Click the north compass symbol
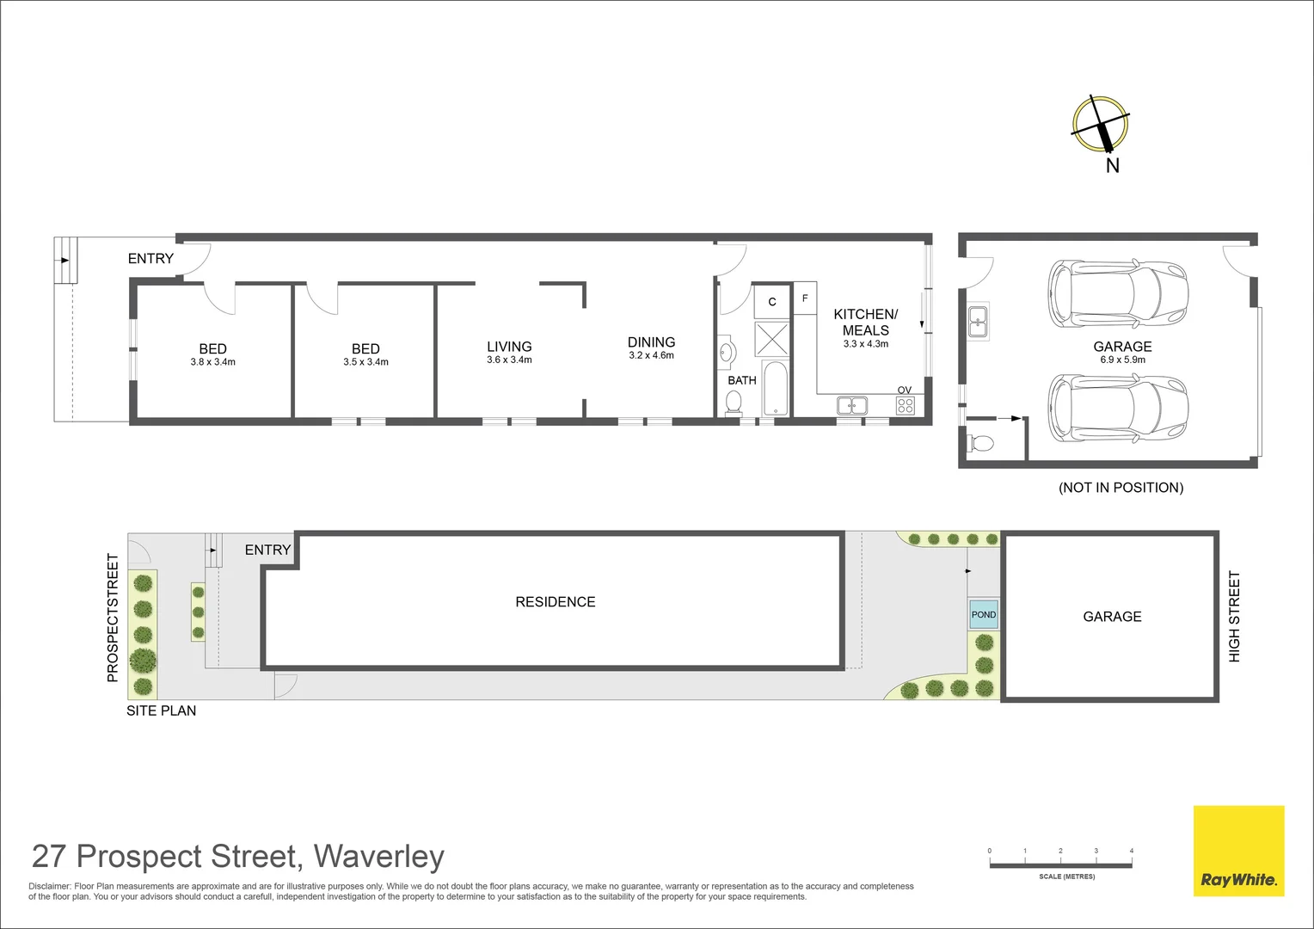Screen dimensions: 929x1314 [x=1100, y=126]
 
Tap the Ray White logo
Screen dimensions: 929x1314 [x=1238, y=851]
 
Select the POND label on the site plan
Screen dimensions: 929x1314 [x=984, y=614]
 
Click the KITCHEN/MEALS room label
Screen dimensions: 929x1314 [x=865, y=322]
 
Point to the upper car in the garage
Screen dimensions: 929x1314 [x=1117, y=293]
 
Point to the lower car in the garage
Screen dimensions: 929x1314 [x=1117, y=407]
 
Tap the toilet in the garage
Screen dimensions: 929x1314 [x=980, y=443]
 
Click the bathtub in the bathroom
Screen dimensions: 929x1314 [x=776, y=388]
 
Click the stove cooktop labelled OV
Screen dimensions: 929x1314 [x=906, y=405]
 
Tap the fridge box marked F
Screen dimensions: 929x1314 [x=805, y=298]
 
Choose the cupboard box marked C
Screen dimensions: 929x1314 [x=772, y=301]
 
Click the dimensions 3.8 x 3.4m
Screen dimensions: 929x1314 [x=212, y=362]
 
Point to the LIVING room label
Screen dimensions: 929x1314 [x=509, y=347]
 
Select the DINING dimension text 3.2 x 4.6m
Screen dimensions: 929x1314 [x=651, y=355]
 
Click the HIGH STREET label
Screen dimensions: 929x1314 [x=1234, y=616]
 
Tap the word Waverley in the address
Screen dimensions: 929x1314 [x=378, y=857]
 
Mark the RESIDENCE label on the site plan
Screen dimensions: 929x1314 [x=555, y=602]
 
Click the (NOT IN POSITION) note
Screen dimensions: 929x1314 [x=1121, y=488]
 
